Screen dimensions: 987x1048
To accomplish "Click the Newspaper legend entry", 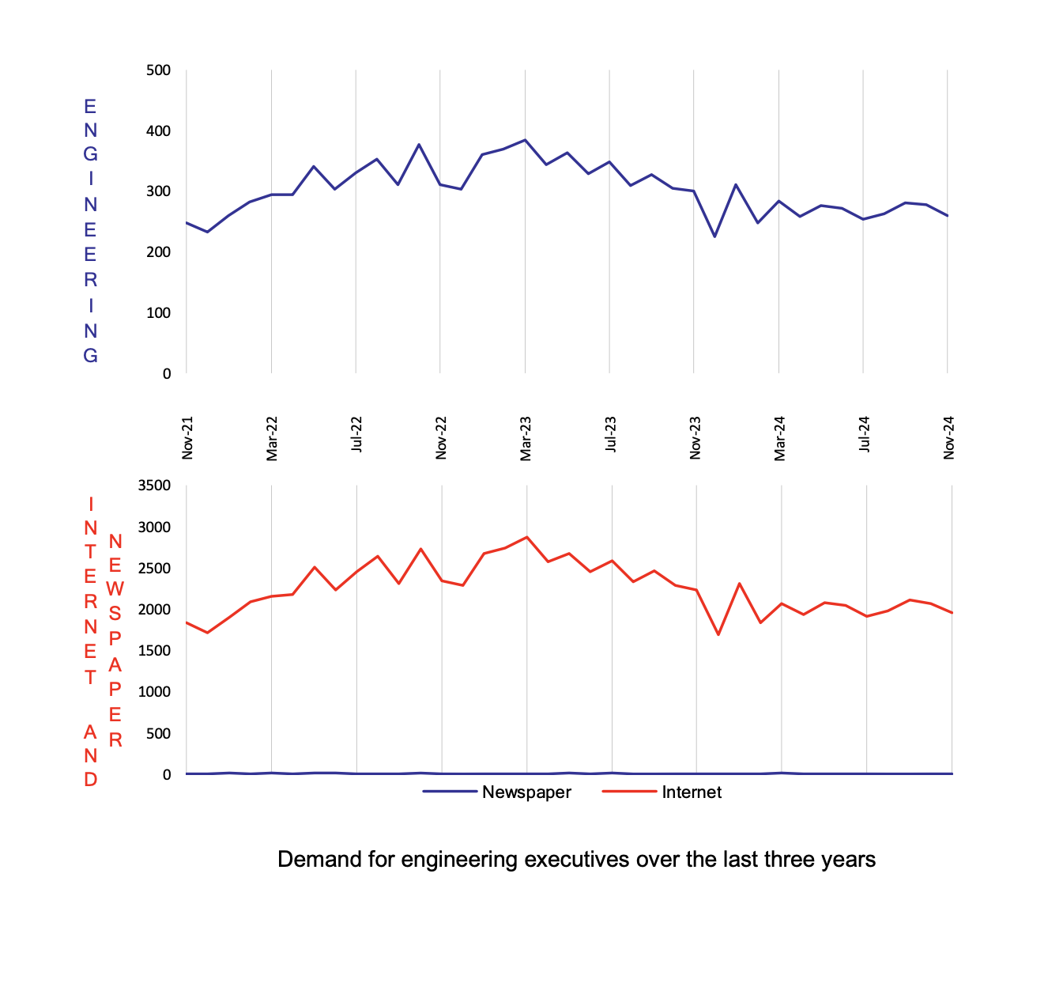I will pos(526,792).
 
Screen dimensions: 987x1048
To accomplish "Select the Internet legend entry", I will pos(692,792).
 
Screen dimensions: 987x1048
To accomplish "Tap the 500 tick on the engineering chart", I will pos(158,70).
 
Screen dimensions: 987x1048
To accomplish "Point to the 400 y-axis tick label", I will pos(158,131).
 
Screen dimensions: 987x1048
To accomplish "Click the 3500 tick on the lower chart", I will pos(155,486).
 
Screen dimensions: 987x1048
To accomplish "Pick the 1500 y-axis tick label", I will pos(155,651).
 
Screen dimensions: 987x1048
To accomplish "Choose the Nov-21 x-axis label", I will pos(188,437).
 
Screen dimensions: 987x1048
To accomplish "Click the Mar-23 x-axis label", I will pos(526,438).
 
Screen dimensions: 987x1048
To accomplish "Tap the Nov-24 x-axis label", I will pos(949,437).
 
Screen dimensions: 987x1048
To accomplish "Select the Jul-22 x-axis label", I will pos(357,434).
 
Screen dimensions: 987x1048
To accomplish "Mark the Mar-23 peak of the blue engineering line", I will pos(525,140).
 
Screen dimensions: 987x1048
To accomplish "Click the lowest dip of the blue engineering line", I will pos(714,236).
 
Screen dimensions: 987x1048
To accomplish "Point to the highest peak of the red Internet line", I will pos(527,537).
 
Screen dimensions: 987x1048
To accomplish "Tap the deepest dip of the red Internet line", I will pos(718,634).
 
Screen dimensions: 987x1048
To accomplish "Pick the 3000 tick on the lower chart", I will pos(155,527).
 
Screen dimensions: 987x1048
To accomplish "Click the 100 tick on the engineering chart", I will pos(158,313).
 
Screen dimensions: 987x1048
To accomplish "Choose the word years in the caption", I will pos(850,860).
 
